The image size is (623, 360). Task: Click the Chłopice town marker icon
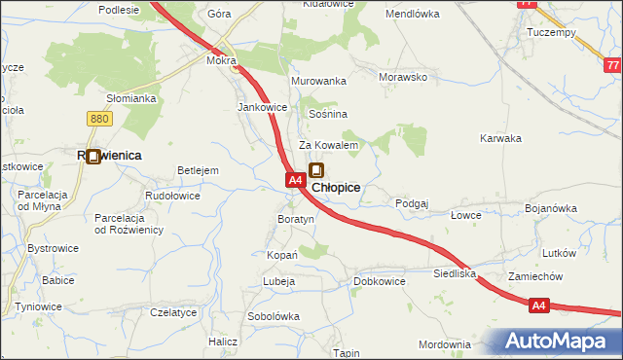click(316, 171)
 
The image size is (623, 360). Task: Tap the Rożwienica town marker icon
click(93, 155)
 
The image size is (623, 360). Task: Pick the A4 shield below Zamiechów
click(541, 306)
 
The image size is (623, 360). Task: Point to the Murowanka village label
click(318, 81)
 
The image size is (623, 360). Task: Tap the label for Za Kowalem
click(329, 145)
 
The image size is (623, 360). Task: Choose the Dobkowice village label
click(379, 281)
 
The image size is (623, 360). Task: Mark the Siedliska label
click(455, 274)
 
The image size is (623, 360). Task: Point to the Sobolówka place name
click(274, 317)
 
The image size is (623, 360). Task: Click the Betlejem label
click(198, 170)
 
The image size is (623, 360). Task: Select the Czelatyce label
click(173, 312)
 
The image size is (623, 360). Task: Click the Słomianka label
click(131, 98)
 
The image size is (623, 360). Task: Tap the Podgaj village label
click(412, 203)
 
